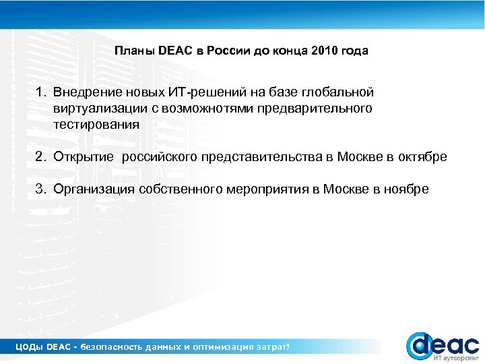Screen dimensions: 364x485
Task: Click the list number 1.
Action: coord(41,92)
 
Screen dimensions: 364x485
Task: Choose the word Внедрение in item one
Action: coord(84,92)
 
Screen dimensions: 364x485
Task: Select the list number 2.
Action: coord(41,157)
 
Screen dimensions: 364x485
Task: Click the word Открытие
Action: coord(84,157)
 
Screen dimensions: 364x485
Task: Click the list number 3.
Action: coord(41,189)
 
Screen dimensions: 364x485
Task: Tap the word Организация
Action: coord(94,189)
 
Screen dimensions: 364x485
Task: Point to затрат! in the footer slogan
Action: coord(275,347)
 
